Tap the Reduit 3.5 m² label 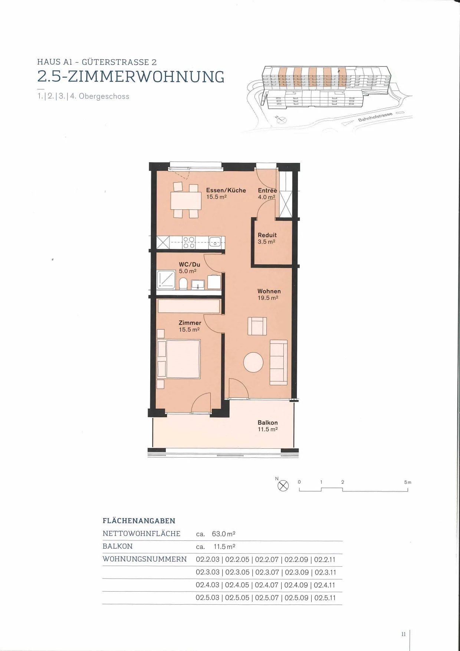click(267, 238)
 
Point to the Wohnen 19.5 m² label click(269, 295)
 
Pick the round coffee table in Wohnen click(253, 362)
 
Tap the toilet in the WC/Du click(183, 284)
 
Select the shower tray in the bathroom click(166, 279)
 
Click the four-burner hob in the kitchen click(189, 242)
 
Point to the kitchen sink click(215, 242)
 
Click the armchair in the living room click(257, 326)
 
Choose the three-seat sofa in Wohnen click(279, 362)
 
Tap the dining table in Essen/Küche click(186, 200)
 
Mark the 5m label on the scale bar click(408, 482)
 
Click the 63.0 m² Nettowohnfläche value click(224, 534)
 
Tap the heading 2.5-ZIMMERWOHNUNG click(131, 77)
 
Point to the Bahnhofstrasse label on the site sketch click(375, 117)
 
